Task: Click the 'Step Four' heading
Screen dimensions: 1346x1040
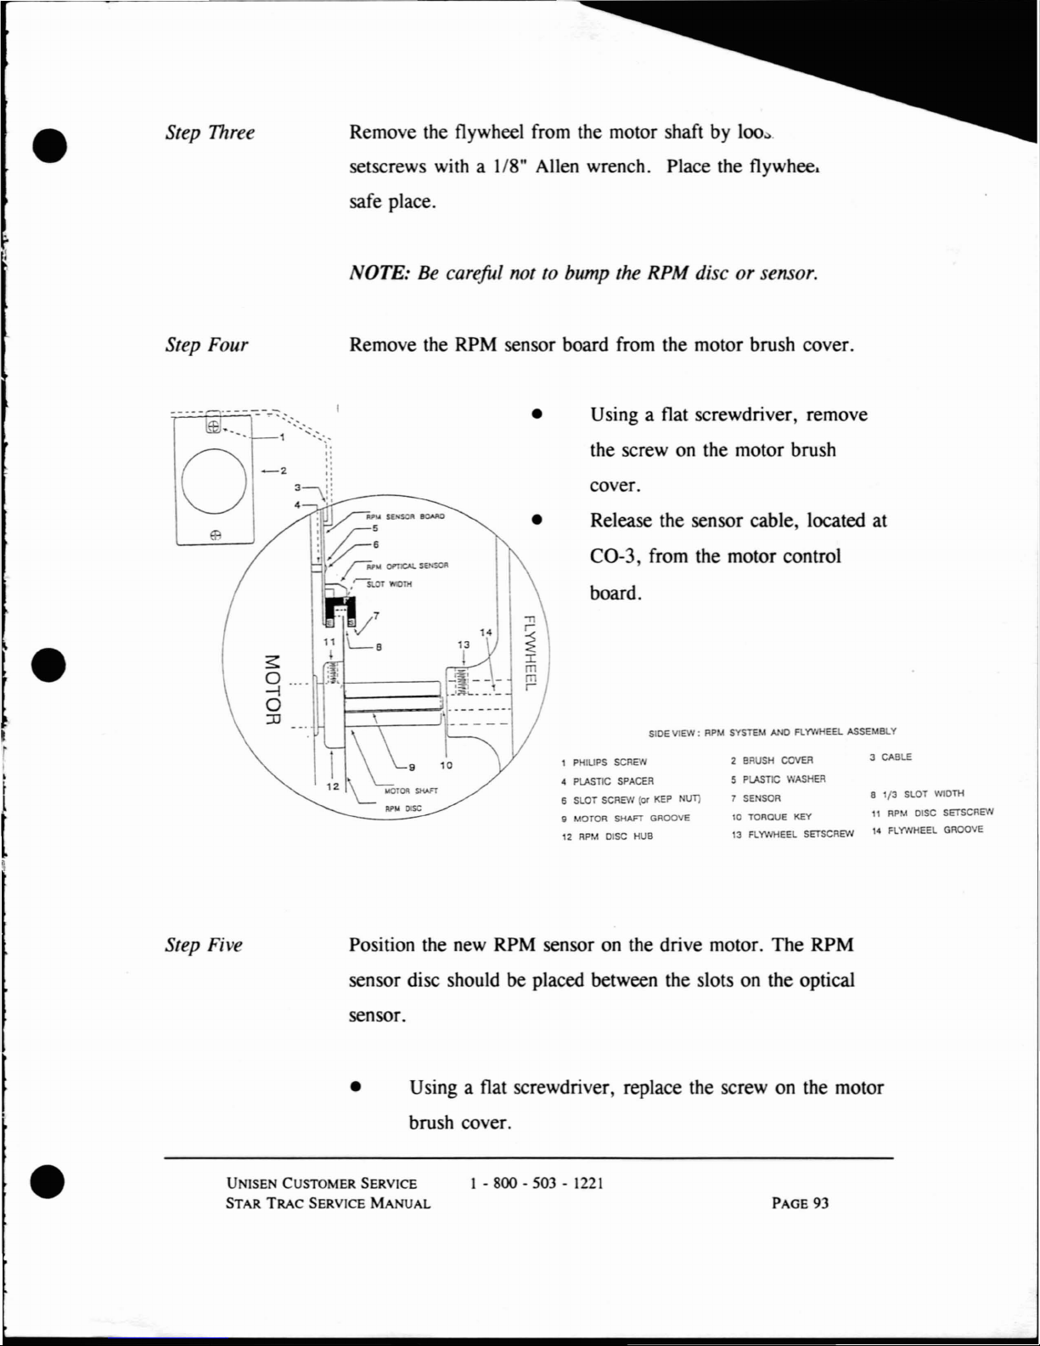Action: pos(206,345)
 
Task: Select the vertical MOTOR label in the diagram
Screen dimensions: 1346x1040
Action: pos(271,689)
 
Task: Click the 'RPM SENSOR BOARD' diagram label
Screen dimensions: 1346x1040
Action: pos(405,515)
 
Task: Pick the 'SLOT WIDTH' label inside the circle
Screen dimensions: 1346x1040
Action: pos(389,584)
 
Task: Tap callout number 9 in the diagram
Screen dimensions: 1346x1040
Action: pos(412,767)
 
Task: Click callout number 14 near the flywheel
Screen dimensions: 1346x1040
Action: pos(486,633)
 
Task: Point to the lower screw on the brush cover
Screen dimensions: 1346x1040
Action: pos(216,535)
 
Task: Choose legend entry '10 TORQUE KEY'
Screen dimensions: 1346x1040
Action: pos(771,817)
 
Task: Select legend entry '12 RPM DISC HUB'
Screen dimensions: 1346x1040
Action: pos(607,836)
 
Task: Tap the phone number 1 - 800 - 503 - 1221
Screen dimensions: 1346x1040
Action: pos(537,1183)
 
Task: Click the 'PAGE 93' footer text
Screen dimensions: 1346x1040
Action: pos(800,1202)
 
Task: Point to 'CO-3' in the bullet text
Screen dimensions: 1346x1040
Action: pos(615,556)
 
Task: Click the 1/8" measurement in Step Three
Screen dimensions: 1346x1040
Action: pos(509,166)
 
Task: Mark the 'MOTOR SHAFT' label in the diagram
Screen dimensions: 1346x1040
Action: pos(411,791)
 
